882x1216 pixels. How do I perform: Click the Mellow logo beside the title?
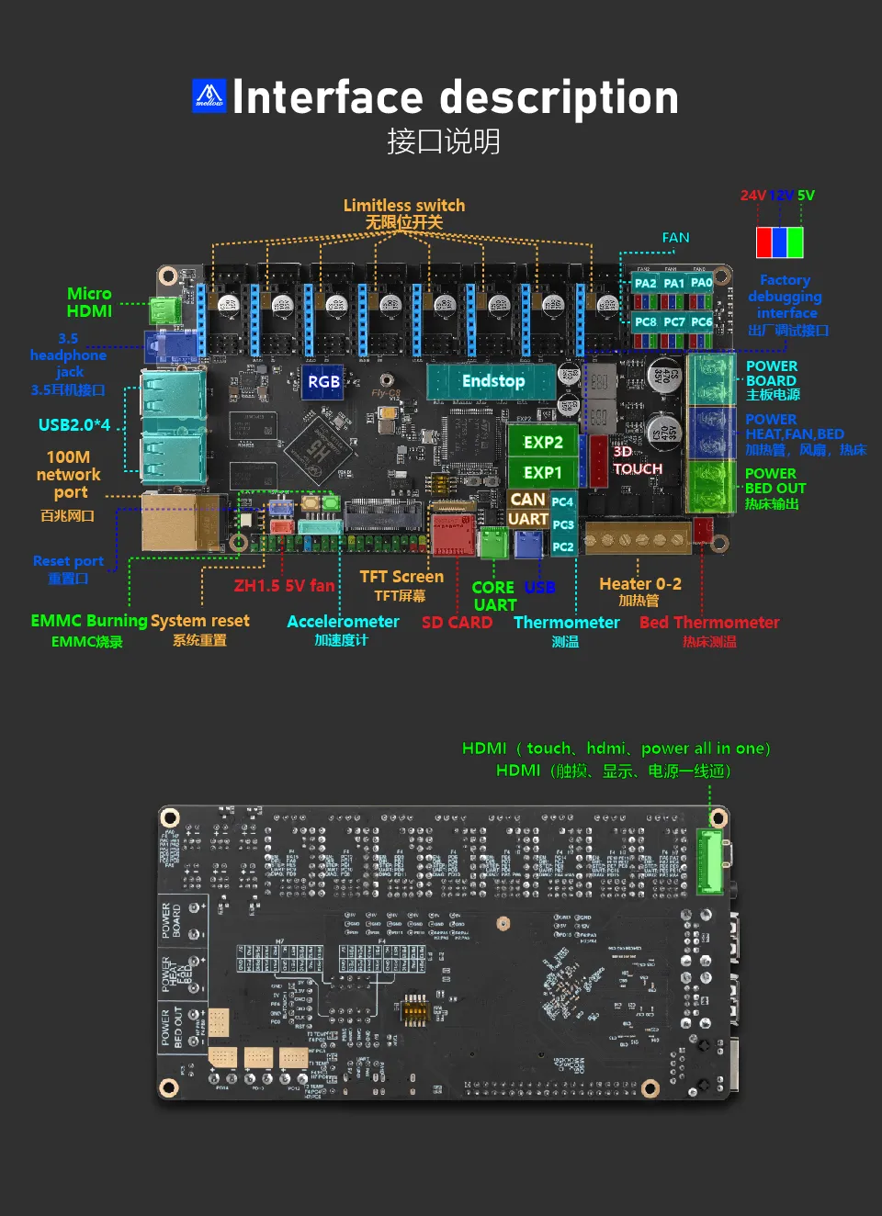[209, 96]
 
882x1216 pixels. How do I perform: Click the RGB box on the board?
[323, 382]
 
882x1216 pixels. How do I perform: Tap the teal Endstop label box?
[492, 381]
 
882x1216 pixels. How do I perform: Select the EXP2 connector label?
[543, 442]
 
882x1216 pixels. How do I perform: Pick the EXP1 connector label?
[543, 472]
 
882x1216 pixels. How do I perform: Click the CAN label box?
[528, 500]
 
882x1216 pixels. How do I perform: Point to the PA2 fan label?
[646, 283]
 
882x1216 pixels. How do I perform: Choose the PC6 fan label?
[702, 322]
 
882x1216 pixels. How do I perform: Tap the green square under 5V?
[795, 242]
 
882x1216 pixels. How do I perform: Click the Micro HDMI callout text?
[89, 302]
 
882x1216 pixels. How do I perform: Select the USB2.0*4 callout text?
[74, 424]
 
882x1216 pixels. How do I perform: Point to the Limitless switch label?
[404, 206]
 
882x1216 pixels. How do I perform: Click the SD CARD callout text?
[457, 623]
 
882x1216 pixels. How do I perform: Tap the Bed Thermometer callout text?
[709, 623]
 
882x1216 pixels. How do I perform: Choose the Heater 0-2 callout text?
[640, 584]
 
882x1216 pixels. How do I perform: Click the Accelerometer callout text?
[343, 622]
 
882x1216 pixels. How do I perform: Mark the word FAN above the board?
[675, 238]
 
